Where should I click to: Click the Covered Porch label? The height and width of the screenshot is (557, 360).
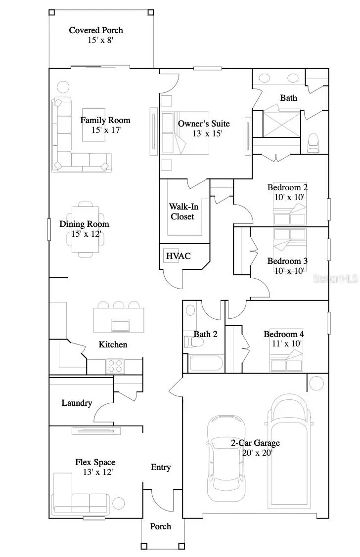[96, 30]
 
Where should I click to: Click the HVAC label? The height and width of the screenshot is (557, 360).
[178, 256]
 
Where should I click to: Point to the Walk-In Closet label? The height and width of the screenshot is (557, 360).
[182, 212]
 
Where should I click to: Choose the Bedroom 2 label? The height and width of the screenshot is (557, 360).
[287, 187]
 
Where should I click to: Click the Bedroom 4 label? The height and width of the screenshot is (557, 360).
[284, 334]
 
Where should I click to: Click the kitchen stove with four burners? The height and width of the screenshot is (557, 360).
[115, 366]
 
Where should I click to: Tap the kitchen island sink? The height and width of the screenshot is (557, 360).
[121, 325]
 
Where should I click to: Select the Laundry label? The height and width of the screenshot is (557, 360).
[77, 403]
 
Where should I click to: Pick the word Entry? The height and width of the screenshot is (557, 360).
[161, 467]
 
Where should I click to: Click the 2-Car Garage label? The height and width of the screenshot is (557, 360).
[255, 443]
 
